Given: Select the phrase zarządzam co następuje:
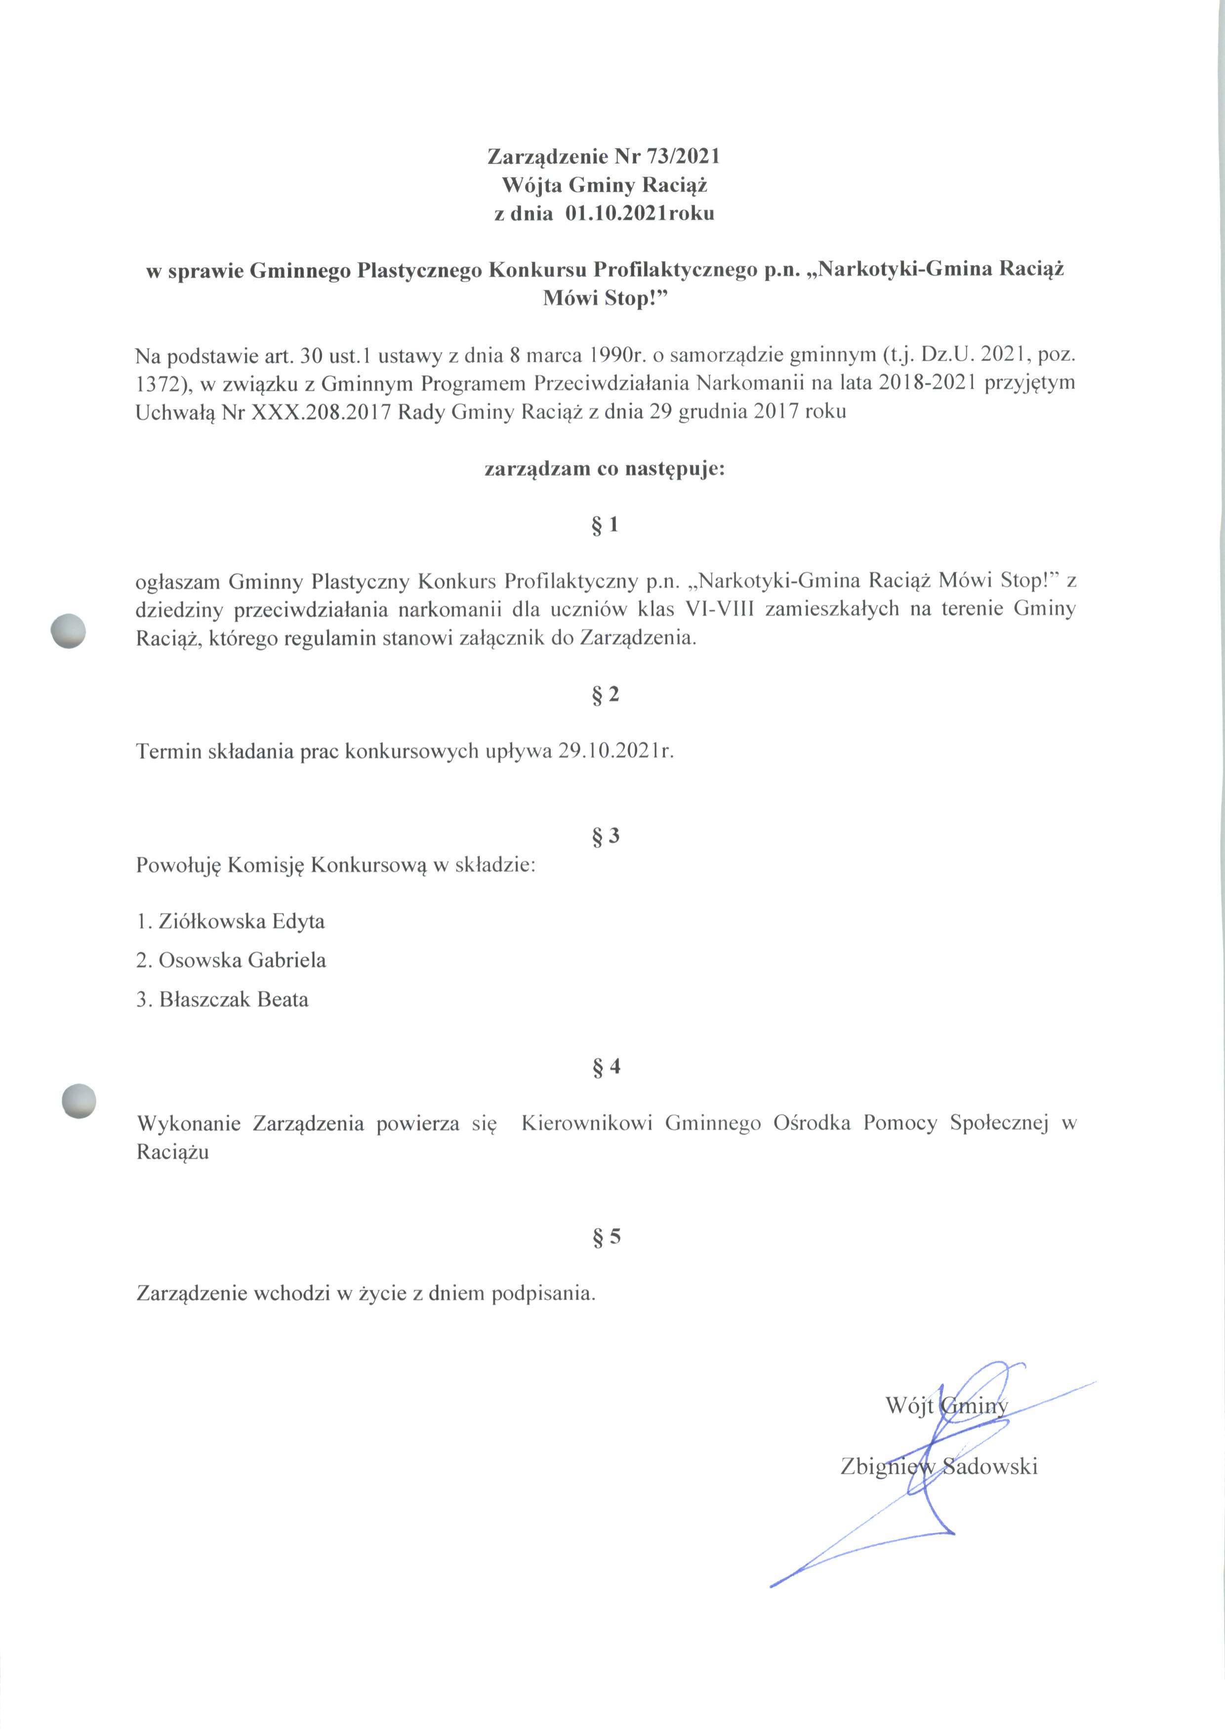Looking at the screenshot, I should point(604,469).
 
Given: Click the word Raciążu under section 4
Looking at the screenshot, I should point(173,1152).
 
